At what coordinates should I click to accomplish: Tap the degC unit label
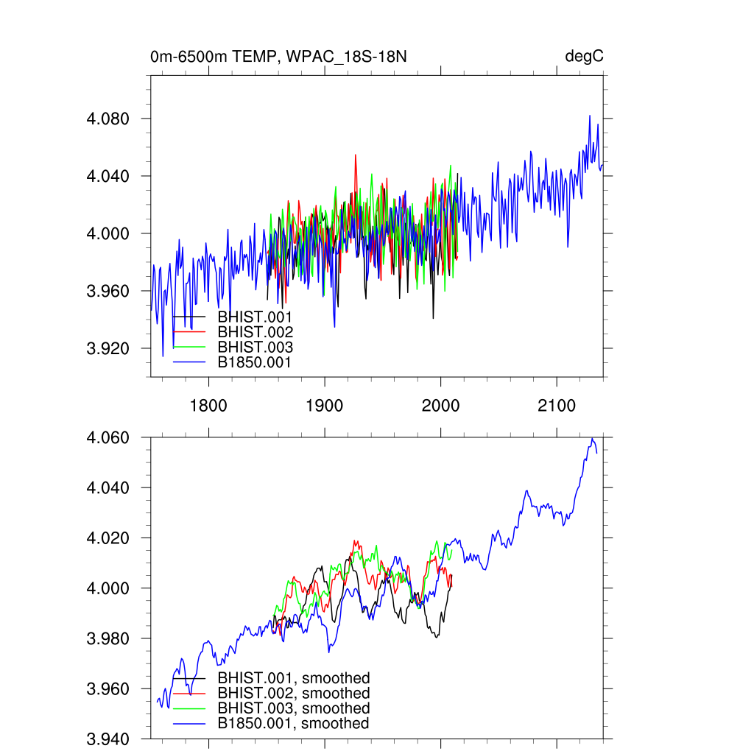584,56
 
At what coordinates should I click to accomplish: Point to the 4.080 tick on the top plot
109,119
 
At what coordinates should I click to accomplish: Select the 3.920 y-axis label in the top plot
109,348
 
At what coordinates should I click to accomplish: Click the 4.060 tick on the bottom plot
109,438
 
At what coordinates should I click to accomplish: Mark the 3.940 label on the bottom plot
109,739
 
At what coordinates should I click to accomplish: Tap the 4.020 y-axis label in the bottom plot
109,538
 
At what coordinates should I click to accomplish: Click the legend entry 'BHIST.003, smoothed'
293,708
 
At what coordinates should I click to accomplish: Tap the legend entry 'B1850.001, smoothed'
293,724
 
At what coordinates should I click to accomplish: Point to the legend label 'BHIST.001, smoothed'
293,678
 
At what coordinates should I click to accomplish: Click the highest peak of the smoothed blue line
592,439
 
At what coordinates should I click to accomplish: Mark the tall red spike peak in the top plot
356,155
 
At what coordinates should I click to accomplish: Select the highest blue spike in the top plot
590,116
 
